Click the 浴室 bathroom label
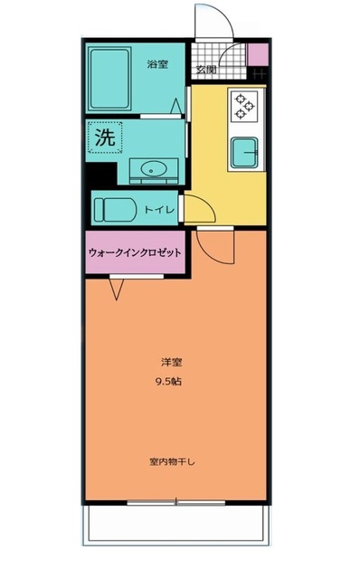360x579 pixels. [x=157, y=64]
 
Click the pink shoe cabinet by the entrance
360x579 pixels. [x=258, y=54]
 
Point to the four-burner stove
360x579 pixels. [x=244, y=107]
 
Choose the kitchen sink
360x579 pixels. [x=244, y=151]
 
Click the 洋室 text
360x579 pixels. [x=166, y=365]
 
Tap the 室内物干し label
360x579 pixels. [x=172, y=461]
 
